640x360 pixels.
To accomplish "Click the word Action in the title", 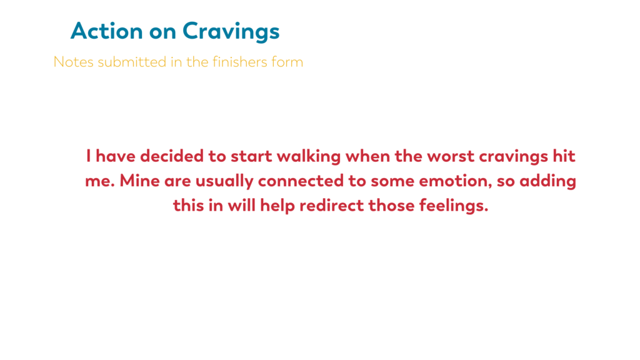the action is click(107, 31).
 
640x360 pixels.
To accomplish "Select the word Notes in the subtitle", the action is click(74, 62).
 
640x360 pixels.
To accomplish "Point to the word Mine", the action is click(139, 181).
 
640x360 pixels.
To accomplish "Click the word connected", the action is click(301, 181).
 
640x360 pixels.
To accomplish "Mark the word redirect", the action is click(332, 205).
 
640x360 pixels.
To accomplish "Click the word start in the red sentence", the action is click(251, 156).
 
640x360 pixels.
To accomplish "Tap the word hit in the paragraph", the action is click(564, 156).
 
